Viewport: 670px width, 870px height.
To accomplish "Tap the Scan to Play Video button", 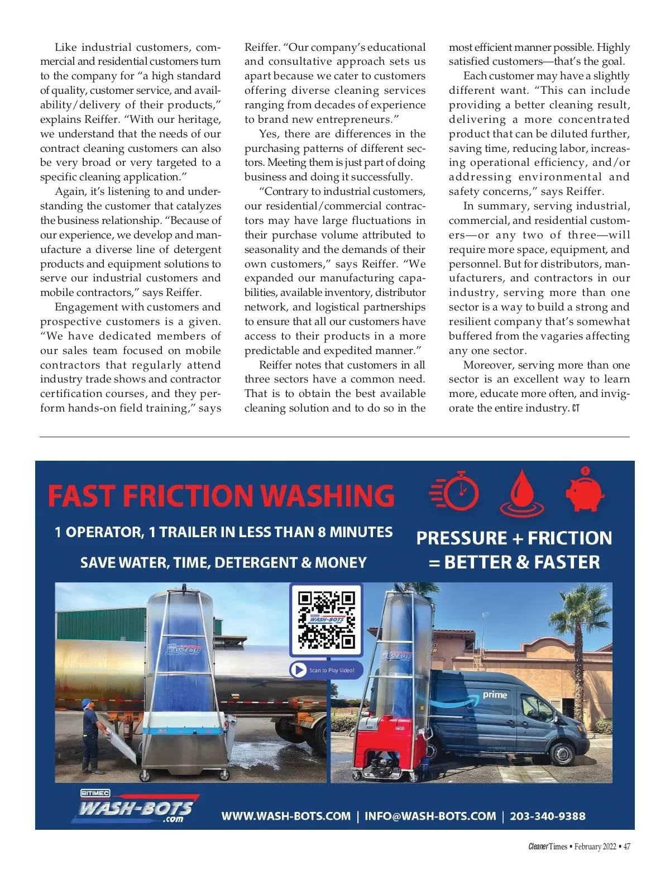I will pos(326,670).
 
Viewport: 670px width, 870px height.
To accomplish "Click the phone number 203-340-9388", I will pos(547,816).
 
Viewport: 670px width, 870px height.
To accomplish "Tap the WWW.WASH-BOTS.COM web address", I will pos(286,816).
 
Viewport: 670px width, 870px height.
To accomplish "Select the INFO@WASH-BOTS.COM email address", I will pos(430,816).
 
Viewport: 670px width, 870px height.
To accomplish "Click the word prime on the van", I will pos(495,695).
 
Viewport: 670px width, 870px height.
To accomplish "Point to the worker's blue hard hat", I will pos(87,703).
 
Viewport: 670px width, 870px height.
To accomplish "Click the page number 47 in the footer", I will pos(626,846).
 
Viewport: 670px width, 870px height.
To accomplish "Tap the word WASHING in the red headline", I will pos(328,496).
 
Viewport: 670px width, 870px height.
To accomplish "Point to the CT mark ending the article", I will pos(576,409).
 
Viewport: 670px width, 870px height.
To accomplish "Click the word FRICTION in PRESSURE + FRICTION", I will pos(569,538).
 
